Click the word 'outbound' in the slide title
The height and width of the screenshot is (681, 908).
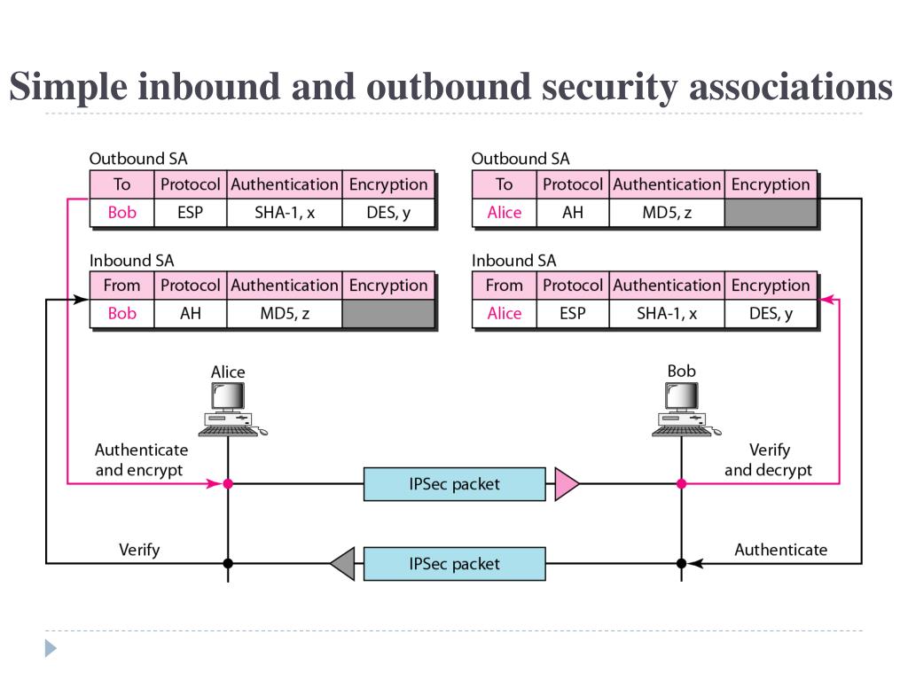click(448, 86)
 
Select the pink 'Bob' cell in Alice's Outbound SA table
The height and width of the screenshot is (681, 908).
click(122, 213)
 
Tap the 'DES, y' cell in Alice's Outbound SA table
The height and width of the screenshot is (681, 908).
click(388, 213)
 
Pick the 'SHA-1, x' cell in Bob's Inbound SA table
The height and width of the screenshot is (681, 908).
click(667, 313)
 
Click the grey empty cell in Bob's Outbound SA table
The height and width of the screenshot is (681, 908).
click(771, 213)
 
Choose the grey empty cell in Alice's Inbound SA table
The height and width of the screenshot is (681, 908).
click(388, 313)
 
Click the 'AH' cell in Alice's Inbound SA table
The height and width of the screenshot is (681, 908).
click(191, 313)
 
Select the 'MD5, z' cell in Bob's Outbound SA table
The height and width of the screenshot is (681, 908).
click(667, 213)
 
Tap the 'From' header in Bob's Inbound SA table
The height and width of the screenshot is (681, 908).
click(505, 286)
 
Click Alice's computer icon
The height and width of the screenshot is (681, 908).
click(231, 409)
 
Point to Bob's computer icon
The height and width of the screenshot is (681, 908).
click(685, 409)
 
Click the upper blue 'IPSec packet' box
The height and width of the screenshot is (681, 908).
click(455, 483)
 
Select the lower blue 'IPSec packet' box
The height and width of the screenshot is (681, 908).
click(455, 563)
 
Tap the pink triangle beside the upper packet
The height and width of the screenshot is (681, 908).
click(566, 483)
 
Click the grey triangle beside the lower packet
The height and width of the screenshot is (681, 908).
click(343, 563)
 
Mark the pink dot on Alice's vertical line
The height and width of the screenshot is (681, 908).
click(228, 483)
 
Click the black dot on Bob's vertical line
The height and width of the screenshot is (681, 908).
click(682, 563)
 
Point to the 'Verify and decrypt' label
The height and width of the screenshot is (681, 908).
click(769, 460)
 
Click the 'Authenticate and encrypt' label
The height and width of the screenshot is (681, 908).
click(141, 460)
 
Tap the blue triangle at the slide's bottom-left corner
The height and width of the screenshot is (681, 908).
click(51, 648)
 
